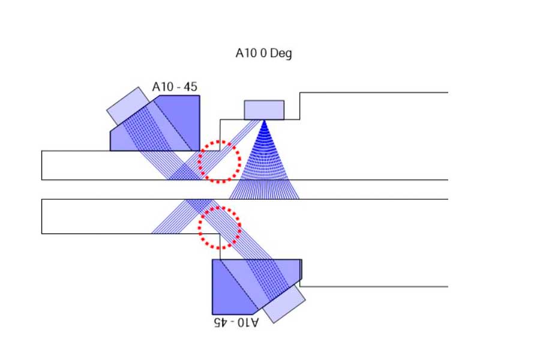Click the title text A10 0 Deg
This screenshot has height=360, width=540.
tap(264, 53)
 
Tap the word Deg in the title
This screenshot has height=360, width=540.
tap(281, 54)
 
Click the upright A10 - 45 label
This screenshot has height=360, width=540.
tap(175, 87)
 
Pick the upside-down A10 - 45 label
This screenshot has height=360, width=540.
tap(236, 322)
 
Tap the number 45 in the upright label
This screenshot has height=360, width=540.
tap(190, 87)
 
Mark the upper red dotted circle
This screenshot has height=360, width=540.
tap(219, 161)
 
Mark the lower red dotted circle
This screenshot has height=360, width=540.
tap(220, 227)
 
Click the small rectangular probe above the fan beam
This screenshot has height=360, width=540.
tap(264, 110)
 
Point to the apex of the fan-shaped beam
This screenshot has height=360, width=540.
tap(264, 121)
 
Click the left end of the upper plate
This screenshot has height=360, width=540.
tap(44, 165)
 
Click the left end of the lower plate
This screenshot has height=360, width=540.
tap(44, 216)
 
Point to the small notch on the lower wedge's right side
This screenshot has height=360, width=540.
tap(301, 269)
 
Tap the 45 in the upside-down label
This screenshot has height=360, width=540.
tap(221, 322)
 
